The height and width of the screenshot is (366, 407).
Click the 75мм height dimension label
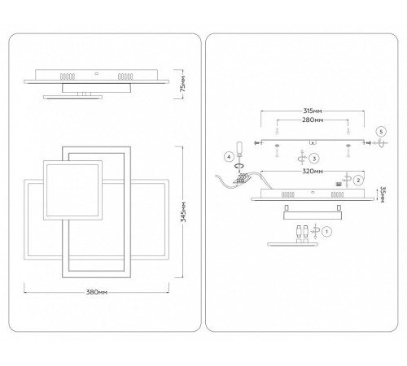[x=183, y=84]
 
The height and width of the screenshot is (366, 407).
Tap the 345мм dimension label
[x=183, y=212]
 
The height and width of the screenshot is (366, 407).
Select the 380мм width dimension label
[x=97, y=292]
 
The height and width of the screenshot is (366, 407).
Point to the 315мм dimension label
[x=313, y=111]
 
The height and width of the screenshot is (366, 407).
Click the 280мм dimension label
[x=313, y=120]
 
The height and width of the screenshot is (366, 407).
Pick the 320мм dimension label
[x=313, y=171]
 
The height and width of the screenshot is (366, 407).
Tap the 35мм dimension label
[x=382, y=194]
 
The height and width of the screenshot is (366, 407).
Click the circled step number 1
[x=326, y=232]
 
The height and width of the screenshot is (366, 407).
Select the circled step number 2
[x=358, y=180]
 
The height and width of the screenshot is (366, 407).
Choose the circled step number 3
[x=314, y=159]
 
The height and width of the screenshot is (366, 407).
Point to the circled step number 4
[x=229, y=157]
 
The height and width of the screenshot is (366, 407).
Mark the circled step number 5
[x=381, y=132]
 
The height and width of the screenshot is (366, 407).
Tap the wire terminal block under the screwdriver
[x=242, y=179]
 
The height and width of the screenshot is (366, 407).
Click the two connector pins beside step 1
[x=302, y=231]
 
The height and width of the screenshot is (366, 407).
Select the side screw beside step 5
[x=368, y=142]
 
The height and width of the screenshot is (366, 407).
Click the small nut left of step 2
[x=338, y=184]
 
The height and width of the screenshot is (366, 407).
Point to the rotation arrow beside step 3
[x=302, y=157]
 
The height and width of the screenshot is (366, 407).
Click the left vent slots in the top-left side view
[x=68, y=76]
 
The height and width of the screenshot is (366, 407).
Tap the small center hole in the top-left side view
[x=96, y=73]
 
